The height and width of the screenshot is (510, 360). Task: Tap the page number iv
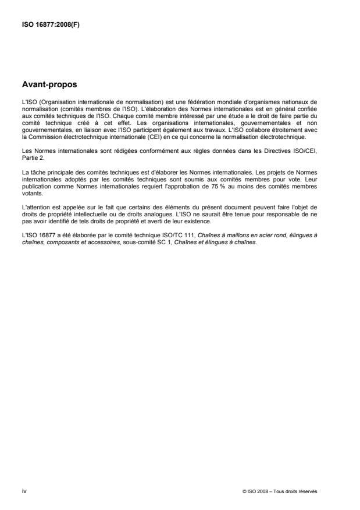click(x=24, y=491)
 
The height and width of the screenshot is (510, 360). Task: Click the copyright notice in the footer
click(x=280, y=492)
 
